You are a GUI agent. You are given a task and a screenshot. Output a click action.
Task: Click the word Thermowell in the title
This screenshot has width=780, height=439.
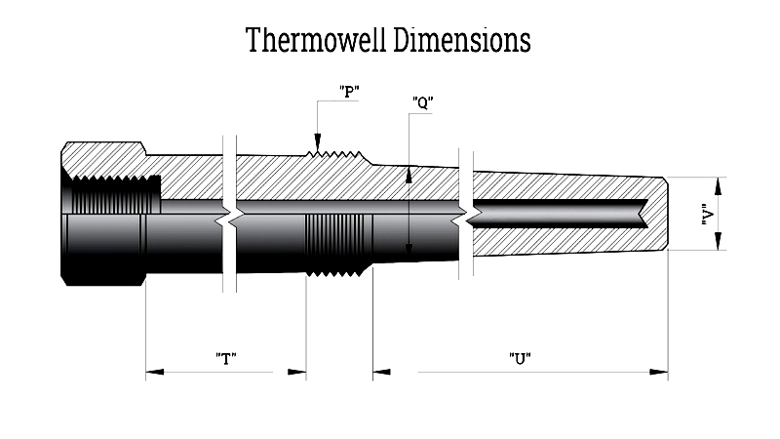point(316,40)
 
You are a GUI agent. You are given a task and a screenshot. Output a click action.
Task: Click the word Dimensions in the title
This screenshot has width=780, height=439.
point(462,40)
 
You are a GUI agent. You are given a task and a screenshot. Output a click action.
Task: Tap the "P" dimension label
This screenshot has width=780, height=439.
point(349,92)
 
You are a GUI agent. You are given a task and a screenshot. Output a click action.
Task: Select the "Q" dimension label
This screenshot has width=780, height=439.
point(423,103)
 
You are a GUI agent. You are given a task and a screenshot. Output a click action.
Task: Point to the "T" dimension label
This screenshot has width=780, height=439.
point(226,358)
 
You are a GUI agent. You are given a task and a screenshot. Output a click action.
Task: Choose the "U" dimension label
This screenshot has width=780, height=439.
point(520,358)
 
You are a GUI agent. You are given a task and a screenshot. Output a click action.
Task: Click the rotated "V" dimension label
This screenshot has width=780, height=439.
point(708,214)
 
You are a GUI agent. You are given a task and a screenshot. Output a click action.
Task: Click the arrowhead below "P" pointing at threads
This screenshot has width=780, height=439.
point(318,140)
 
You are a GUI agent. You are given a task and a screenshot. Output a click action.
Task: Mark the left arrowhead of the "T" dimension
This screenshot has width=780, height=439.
point(155,372)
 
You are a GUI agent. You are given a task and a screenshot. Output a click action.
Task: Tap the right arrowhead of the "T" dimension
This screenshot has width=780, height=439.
point(297,372)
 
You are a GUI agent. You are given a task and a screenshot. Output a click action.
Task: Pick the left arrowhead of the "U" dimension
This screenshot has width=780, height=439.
point(381,372)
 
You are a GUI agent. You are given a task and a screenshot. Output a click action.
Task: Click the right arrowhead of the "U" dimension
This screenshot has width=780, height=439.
point(659,372)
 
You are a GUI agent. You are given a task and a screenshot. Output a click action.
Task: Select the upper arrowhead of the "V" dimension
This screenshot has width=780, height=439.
point(718,186)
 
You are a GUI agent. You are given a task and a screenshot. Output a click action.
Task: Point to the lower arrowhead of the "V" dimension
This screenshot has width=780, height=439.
point(718,241)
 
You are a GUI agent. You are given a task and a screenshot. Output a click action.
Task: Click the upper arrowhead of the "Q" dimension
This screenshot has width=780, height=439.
point(409,175)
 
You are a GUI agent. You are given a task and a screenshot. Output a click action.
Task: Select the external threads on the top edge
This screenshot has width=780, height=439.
point(334,154)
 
